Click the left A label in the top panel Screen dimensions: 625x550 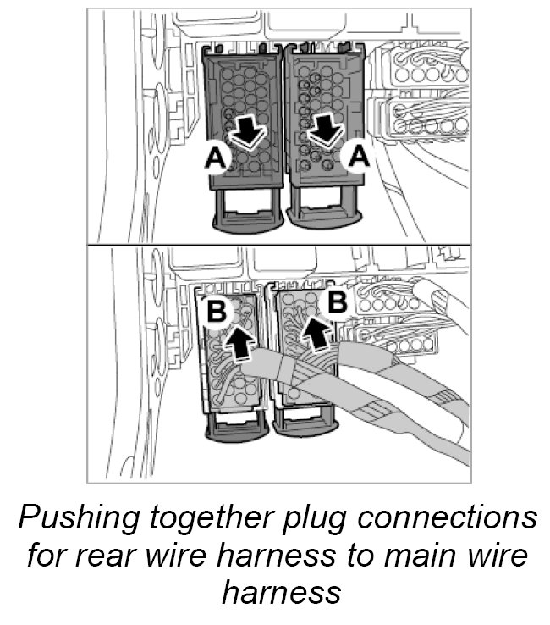coord(214,158)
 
